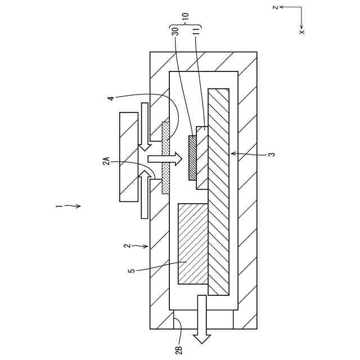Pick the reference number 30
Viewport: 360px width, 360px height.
click(x=175, y=31)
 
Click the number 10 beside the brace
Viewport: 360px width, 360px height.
click(x=186, y=12)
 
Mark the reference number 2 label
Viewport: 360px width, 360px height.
click(x=127, y=246)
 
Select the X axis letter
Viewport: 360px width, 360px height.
click(x=302, y=32)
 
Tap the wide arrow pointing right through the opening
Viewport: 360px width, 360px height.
click(x=164, y=159)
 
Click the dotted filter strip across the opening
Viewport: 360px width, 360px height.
click(x=165, y=157)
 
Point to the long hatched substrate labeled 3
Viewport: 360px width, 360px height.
click(x=218, y=191)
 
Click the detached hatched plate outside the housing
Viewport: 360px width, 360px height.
click(x=129, y=156)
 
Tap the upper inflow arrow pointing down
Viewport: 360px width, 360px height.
click(x=145, y=127)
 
